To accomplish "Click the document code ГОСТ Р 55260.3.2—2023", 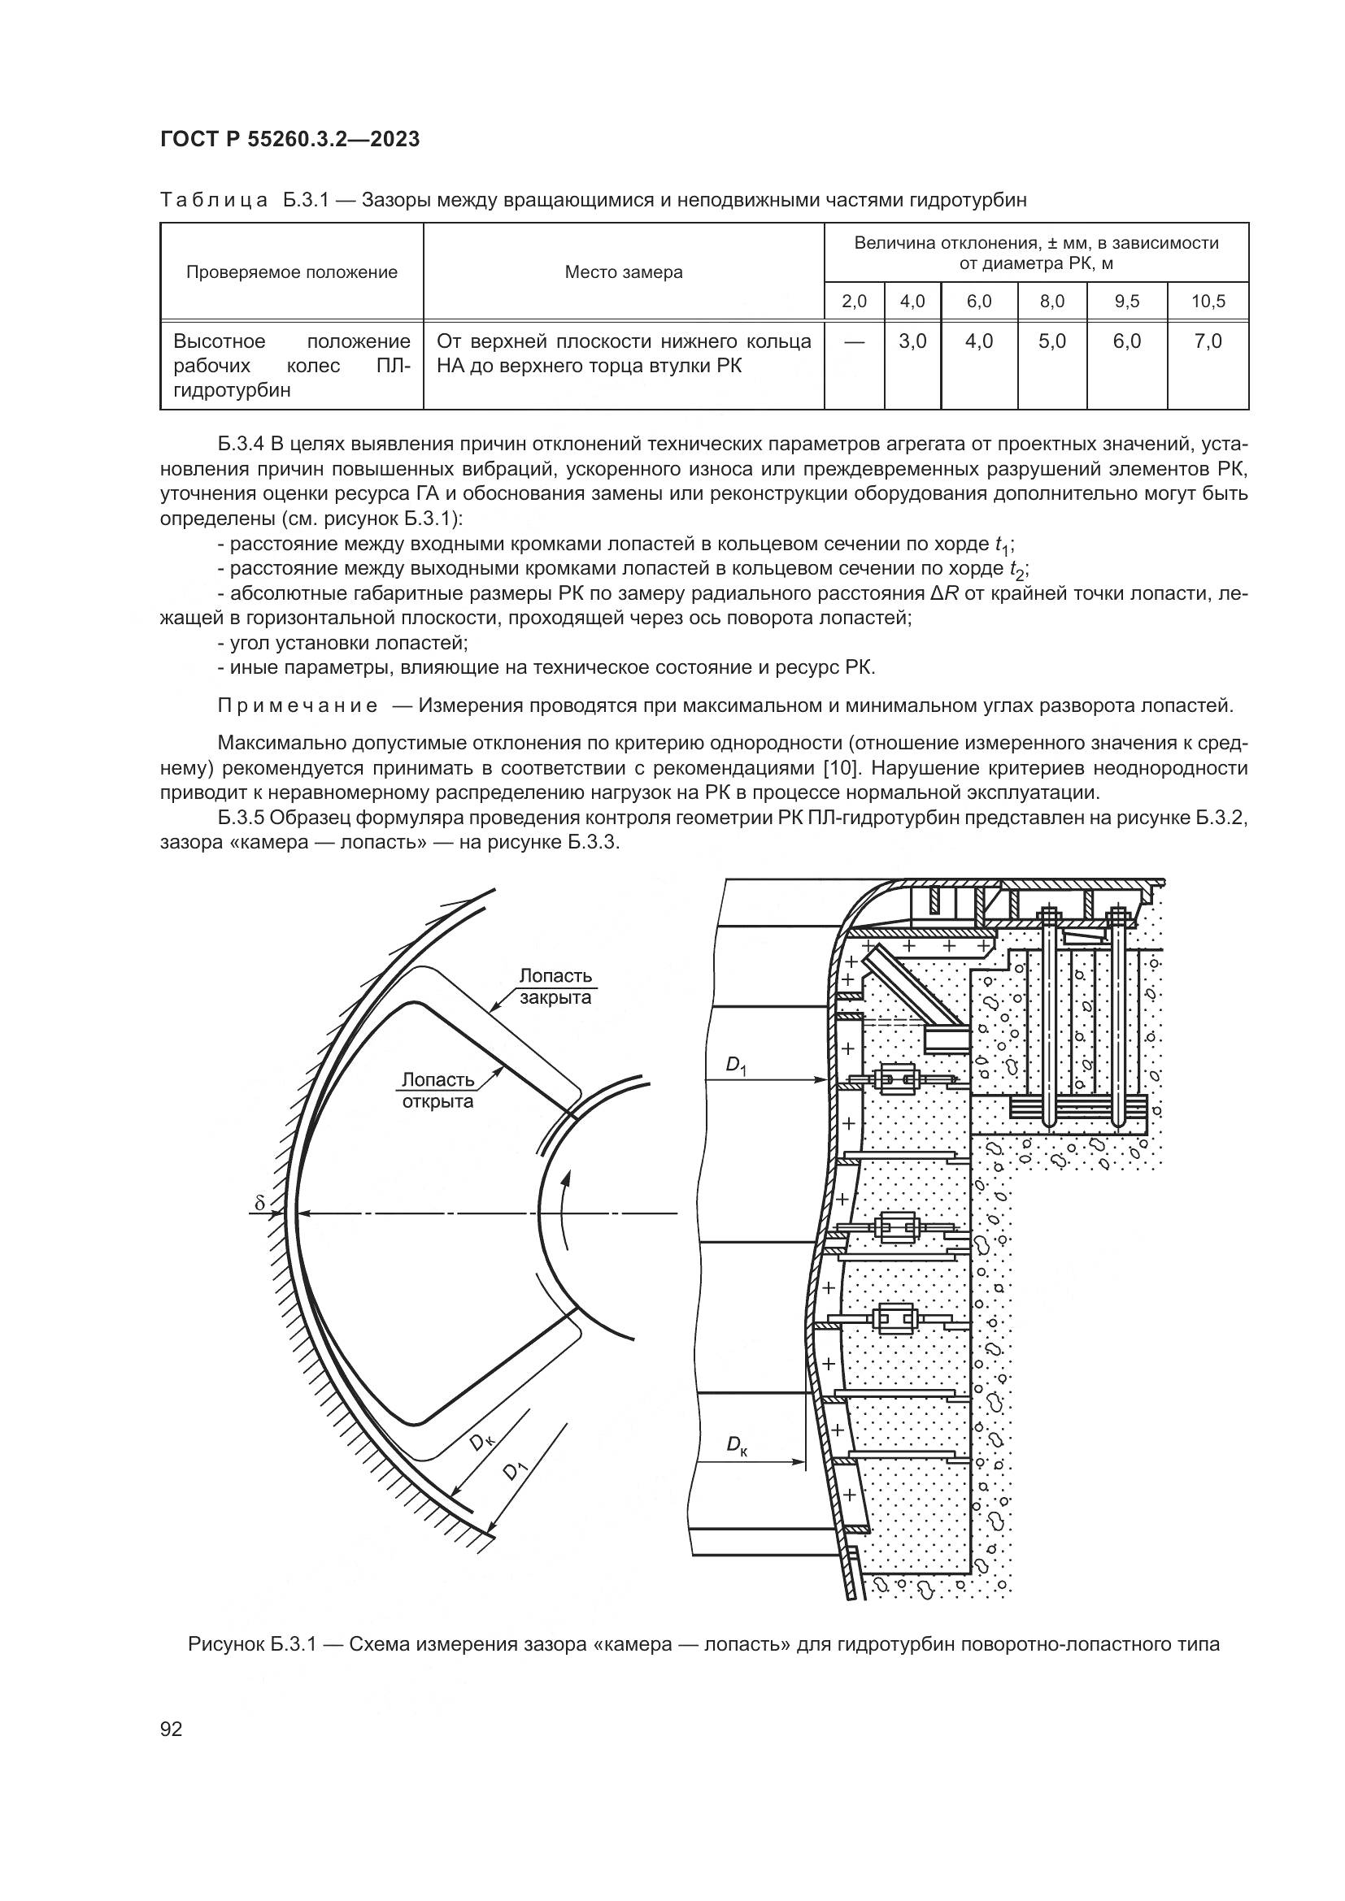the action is (x=289, y=139).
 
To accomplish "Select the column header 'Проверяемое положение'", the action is (x=292, y=272).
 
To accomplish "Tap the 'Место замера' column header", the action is (x=624, y=272).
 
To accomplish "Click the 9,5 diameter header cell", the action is (x=1127, y=302).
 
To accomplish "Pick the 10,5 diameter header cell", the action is (x=1208, y=302).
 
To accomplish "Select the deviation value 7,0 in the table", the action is (x=1208, y=341).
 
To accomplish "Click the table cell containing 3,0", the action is (x=912, y=341).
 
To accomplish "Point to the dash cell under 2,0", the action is (x=855, y=341).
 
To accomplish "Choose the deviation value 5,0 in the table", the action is (x=1052, y=341).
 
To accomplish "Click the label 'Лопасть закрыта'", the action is (x=555, y=987).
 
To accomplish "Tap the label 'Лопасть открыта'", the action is (x=438, y=1091).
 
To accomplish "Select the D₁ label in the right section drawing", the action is (x=736, y=1066).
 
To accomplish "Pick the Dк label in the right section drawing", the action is (x=737, y=1445).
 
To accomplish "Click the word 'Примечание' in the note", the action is (x=298, y=705).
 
